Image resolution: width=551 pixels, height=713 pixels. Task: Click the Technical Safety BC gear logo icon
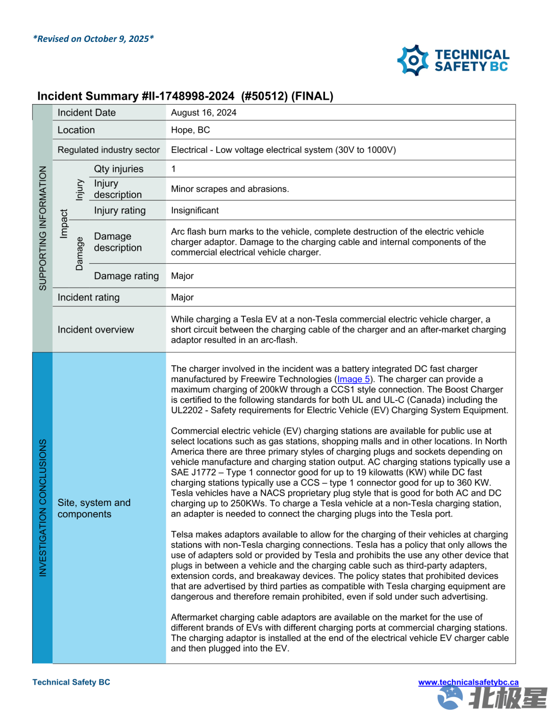point(413,61)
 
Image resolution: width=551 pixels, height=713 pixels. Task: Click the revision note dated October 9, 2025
point(93,39)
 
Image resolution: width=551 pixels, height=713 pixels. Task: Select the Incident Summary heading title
point(185,96)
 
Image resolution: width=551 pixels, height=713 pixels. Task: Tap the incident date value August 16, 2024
point(204,113)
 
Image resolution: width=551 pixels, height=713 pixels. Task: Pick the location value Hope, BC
point(190,130)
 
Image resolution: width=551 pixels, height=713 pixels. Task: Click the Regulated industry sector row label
point(109,150)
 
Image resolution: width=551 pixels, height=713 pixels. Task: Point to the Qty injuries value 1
point(173,169)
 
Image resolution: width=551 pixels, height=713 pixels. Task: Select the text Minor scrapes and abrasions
point(230,189)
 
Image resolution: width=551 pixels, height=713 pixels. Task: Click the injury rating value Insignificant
point(194,211)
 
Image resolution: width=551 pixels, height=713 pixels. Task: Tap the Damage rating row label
point(127,276)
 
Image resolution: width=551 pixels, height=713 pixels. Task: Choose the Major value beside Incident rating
point(182,297)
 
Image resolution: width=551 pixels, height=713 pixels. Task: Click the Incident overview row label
point(96,330)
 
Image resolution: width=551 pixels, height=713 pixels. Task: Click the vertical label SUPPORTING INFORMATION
point(43,228)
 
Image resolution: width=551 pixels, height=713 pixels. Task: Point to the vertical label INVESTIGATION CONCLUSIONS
point(43,507)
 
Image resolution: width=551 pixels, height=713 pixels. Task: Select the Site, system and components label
point(94,508)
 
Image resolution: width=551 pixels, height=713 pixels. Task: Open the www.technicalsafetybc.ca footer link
point(468,682)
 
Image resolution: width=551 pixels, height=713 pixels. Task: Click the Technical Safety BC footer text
point(71,682)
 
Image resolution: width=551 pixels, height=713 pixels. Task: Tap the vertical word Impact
point(64,224)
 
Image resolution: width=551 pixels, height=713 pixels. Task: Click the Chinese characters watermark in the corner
point(507,698)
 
